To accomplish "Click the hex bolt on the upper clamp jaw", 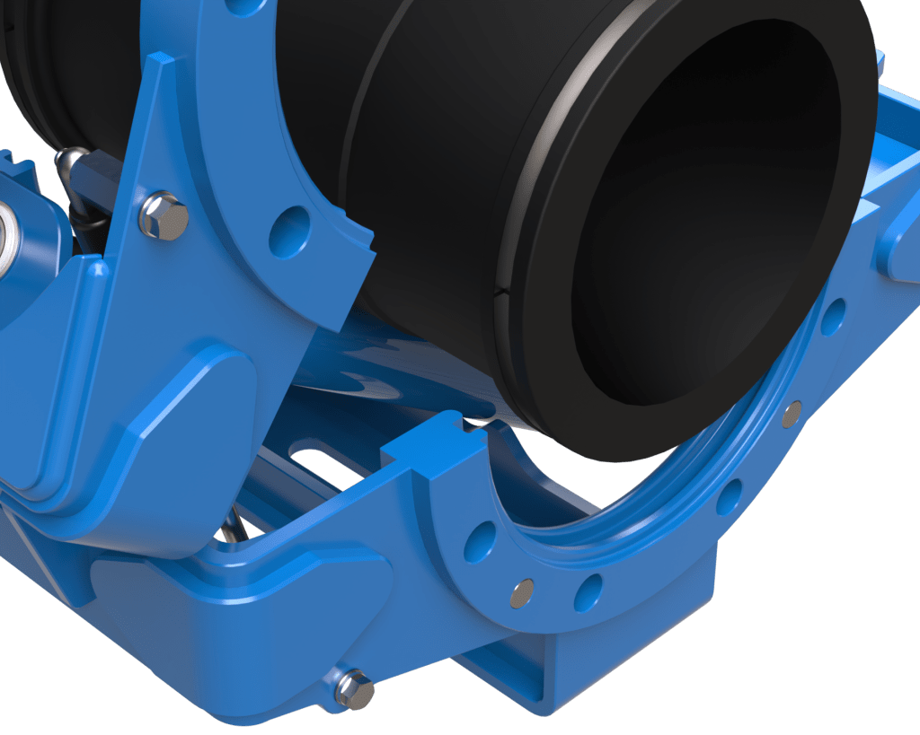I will pos(164,216).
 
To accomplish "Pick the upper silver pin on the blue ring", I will pos(792,413).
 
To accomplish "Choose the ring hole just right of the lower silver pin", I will pos(588,591).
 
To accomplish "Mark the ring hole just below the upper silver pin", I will pos(730,496).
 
